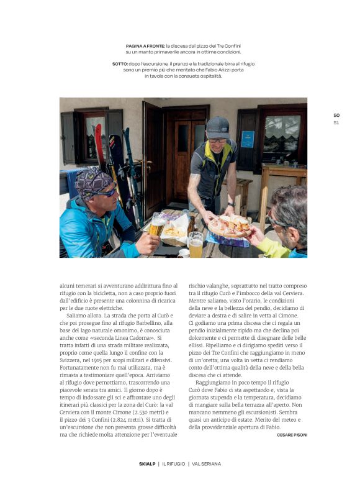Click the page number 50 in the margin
tap(336, 115)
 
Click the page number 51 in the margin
tap(336, 122)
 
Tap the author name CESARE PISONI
tap(288, 435)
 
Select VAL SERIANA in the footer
tap(207, 463)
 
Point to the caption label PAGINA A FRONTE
tap(145, 46)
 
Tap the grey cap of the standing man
tap(218, 127)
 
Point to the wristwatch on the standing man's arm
tap(231, 203)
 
